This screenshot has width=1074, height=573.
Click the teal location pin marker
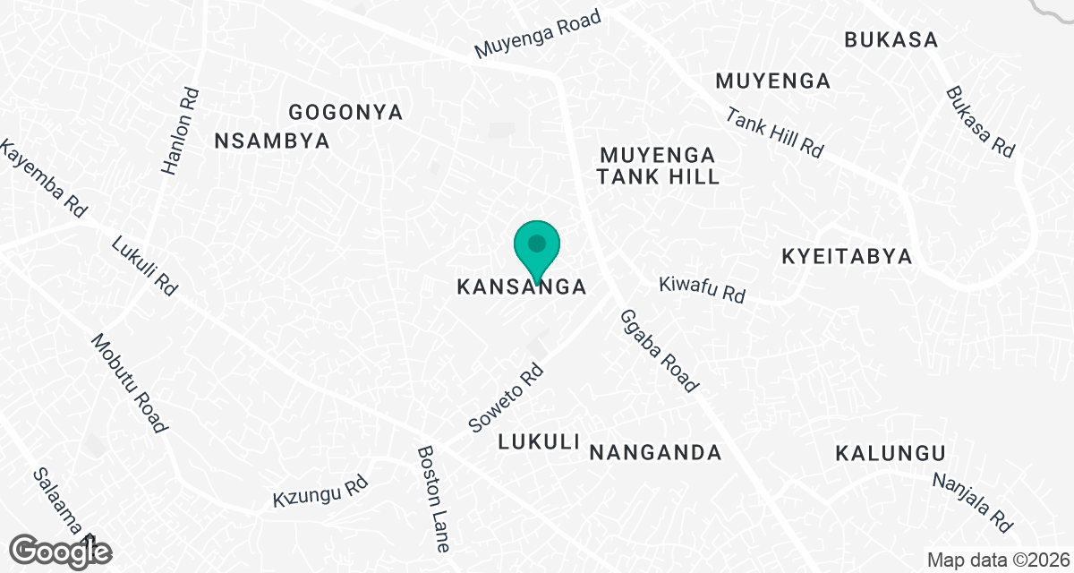[x=537, y=246]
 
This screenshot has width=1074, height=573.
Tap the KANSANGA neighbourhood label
[x=522, y=287]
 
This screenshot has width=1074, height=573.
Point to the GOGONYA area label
[x=345, y=113]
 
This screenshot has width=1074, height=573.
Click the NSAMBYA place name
[x=273, y=141]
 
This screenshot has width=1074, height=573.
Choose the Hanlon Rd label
[x=179, y=130]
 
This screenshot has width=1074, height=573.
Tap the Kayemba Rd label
[x=42, y=179]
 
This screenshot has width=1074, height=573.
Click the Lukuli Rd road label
[x=145, y=266]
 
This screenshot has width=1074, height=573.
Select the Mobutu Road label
[x=129, y=383]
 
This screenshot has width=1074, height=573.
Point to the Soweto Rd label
[x=507, y=395]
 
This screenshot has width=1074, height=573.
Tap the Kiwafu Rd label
[x=703, y=288]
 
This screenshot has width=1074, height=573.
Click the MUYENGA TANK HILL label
[x=659, y=165]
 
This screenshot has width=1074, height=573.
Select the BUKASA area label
[x=891, y=40]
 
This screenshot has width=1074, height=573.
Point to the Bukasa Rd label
[x=980, y=123]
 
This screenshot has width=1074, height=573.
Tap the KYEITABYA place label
[x=847, y=257]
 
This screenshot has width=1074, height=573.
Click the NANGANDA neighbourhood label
[x=655, y=452]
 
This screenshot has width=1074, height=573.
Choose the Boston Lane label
[x=433, y=499]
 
